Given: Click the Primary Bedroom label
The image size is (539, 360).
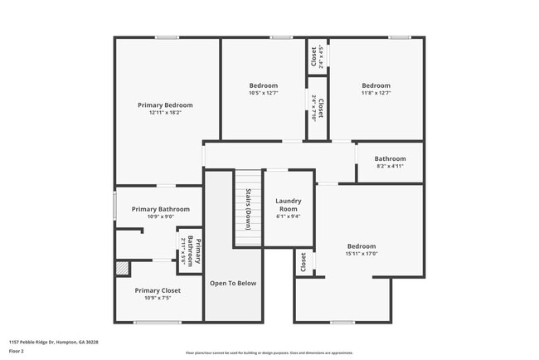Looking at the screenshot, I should (165, 105).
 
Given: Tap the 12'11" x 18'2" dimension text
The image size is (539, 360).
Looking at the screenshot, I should (165, 113).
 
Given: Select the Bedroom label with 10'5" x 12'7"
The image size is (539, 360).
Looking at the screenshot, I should (264, 85).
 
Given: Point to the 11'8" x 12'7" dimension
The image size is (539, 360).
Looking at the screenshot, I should (376, 93).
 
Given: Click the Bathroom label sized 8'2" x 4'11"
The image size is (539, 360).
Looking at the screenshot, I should (390, 158).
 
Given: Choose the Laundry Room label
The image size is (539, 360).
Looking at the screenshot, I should (289, 205).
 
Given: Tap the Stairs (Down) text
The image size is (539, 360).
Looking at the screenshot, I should (247, 209).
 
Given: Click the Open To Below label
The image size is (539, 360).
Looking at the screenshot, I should (233, 284).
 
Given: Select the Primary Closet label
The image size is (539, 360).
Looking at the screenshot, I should (158, 290).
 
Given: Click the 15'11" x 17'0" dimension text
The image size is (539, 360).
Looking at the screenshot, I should (362, 254).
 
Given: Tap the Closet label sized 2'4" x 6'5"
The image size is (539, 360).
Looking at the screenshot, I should (314, 56).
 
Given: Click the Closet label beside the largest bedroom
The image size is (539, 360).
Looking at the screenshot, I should (303, 263).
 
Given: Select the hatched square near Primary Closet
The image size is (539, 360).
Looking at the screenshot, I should (123, 269).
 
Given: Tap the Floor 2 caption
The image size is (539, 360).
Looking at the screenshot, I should (17, 351).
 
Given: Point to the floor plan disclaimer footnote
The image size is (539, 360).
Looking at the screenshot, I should (269, 353).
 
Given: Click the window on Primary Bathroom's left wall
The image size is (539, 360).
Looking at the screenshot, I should (114, 206).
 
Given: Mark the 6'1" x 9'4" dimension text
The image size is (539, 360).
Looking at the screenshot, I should (289, 216).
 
